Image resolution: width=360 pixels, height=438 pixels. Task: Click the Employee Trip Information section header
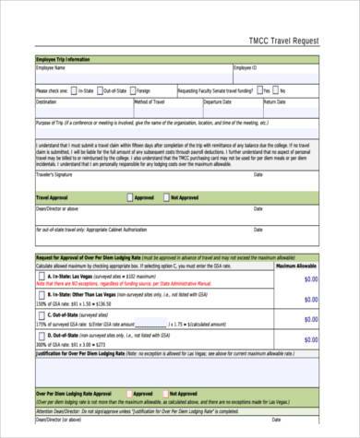click(x=64, y=59)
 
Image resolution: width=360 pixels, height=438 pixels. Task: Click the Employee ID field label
click(x=246, y=67)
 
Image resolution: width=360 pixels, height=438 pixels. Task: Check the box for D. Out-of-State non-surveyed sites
click(x=40, y=339)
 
